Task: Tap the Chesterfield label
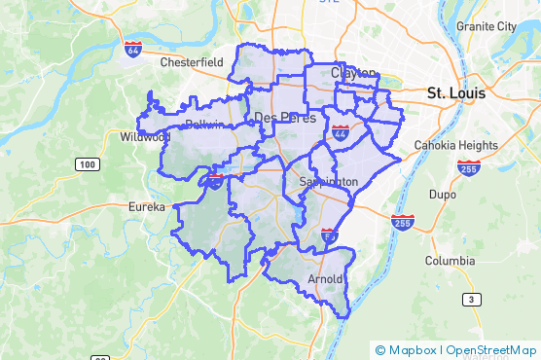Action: pos(192,61)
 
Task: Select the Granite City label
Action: pos(487,26)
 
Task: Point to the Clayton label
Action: pos(352,73)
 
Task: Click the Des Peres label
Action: pos(280,118)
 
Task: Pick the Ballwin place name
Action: pos(204,126)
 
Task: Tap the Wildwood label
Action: pos(145,138)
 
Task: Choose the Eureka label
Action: pos(147,206)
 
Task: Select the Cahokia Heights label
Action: pos(456,145)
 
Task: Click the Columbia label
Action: pos(450,261)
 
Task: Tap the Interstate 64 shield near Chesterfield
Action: pos(133,48)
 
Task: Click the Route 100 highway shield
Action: pos(88,164)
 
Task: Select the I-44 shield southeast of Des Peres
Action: pos(342,132)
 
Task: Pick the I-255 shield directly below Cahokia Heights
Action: pos(467,168)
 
